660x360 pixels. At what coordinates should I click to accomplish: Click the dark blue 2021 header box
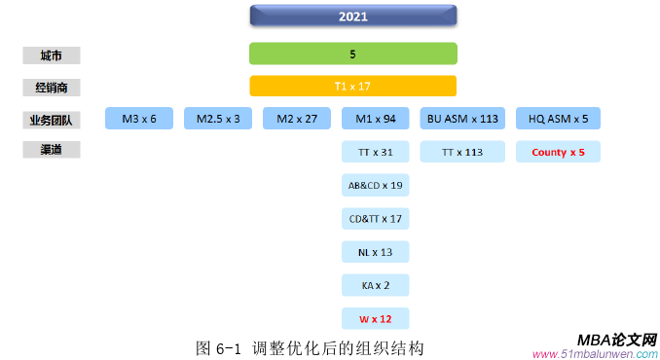tap(352, 17)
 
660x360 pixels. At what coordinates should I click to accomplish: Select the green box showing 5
tap(352, 54)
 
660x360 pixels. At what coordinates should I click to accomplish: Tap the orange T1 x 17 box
tap(352, 86)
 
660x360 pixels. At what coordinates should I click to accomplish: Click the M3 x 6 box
tap(138, 119)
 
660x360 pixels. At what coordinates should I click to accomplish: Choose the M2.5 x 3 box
tap(218, 119)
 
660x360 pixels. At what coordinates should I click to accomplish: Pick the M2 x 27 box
tap(297, 119)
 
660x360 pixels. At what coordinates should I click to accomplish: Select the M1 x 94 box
tap(376, 119)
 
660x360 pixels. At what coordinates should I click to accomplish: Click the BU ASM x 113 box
tap(462, 119)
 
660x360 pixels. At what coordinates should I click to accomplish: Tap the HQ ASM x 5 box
tap(558, 119)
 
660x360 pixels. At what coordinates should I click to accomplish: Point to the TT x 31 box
tap(376, 152)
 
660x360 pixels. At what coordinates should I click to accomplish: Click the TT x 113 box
tap(462, 152)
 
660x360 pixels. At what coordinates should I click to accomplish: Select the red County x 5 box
tap(558, 152)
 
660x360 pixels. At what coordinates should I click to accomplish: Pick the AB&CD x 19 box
tap(376, 185)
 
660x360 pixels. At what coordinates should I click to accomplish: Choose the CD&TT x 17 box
tap(376, 218)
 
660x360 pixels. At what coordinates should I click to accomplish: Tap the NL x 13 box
tap(376, 252)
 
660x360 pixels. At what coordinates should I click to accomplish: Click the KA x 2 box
tap(376, 285)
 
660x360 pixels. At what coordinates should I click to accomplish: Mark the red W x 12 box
tap(376, 318)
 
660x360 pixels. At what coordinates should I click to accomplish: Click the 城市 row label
tap(52, 55)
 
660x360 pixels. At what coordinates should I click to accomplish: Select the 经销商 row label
tap(52, 88)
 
